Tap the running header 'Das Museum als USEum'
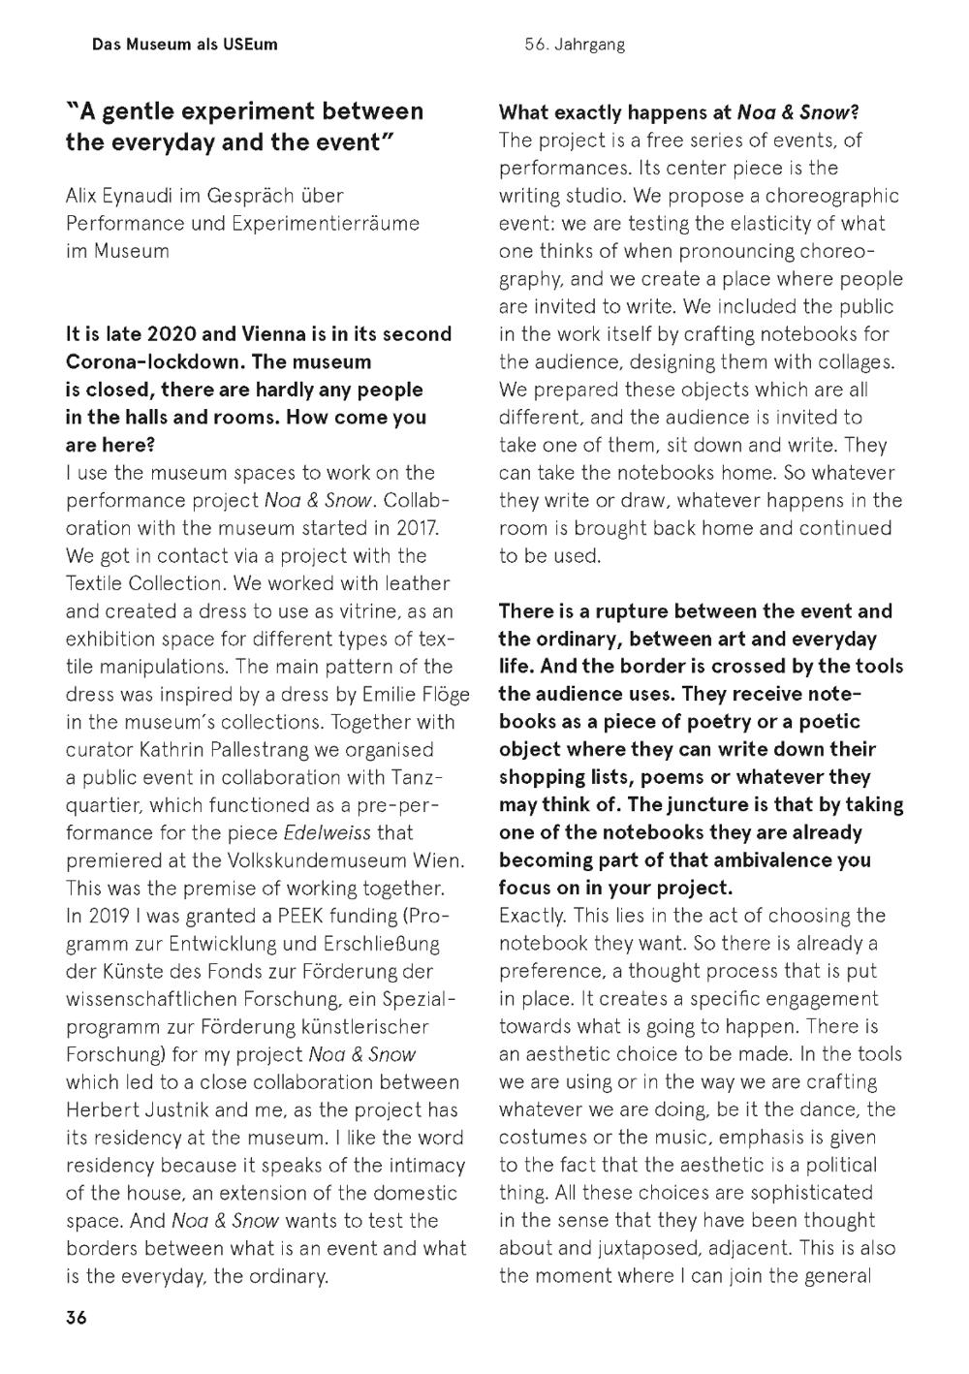point(184,45)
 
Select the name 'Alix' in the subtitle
point(84,196)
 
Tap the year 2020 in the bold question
point(172,334)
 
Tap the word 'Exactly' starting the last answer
point(532,916)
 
